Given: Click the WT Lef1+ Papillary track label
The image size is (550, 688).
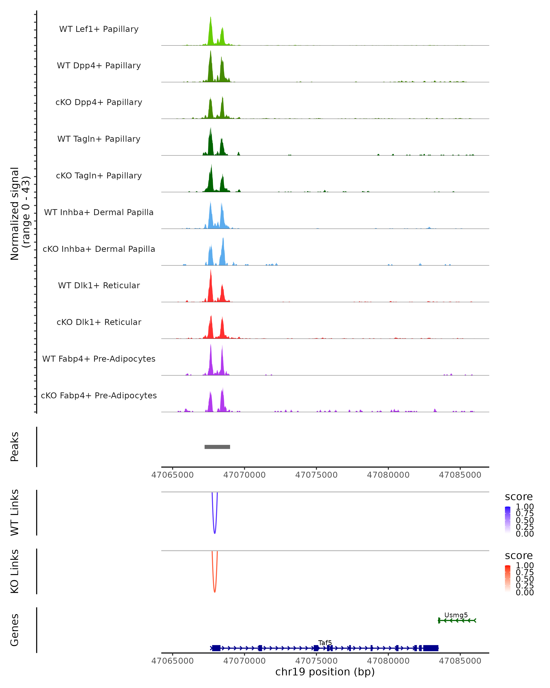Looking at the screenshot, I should click(99, 29).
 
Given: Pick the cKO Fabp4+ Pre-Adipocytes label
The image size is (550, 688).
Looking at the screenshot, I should click(99, 395).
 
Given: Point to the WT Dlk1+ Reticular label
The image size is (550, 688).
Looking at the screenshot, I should click(99, 285).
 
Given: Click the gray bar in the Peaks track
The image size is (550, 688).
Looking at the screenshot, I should click(217, 447).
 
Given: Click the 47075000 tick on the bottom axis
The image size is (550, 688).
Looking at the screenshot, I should click(316, 661).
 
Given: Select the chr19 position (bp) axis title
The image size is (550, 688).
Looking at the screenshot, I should click(325, 672).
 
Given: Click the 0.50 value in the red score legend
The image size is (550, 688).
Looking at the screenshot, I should click(525, 579).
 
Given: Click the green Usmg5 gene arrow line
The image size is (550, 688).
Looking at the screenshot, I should click(457, 620).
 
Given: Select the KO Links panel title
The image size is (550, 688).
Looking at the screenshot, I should click(15, 571).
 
